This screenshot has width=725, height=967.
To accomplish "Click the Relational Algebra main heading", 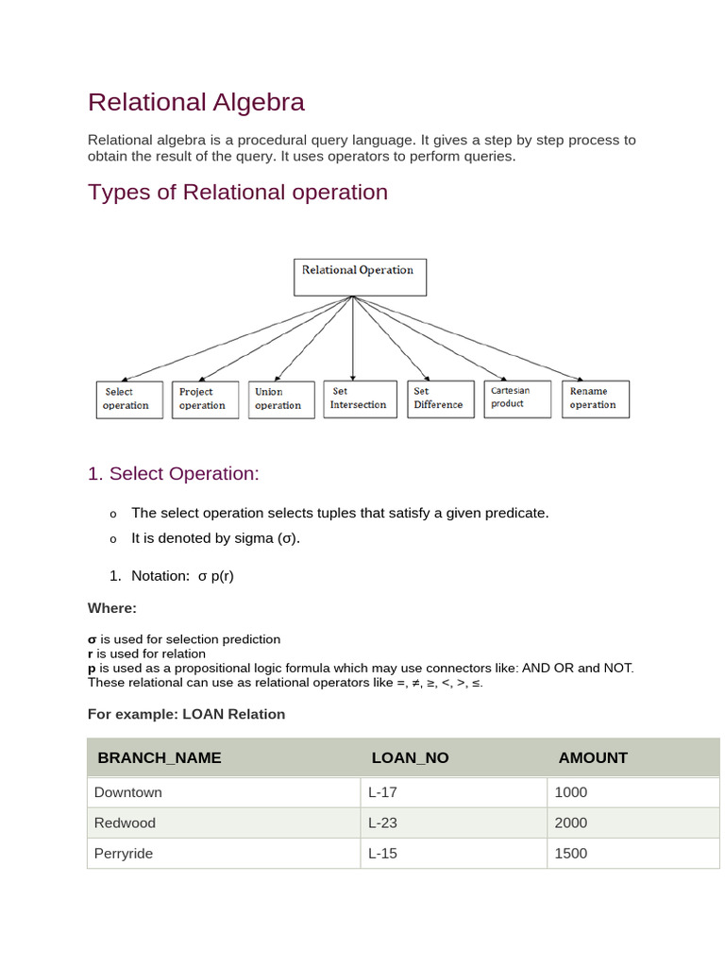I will [x=196, y=102].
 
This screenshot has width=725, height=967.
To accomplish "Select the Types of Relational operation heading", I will [x=238, y=192].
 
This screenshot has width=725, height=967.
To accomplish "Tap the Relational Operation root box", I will [x=359, y=277].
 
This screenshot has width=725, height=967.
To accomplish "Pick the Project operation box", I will [x=205, y=399].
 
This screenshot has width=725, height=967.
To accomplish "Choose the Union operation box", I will [x=280, y=399].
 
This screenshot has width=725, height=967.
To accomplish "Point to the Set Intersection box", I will [x=359, y=399].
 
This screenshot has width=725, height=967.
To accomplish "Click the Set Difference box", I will [x=440, y=399].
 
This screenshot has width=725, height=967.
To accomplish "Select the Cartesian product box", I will [x=517, y=398].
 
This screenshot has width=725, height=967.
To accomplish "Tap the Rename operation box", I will [x=596, y=399].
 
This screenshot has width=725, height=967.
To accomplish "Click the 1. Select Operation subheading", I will [x=173, y=474].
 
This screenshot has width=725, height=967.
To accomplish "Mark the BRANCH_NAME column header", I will [x=160, y=757].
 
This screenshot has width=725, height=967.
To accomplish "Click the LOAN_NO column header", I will [x=411, y=757].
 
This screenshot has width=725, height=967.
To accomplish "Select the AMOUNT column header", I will [x=593, y=757].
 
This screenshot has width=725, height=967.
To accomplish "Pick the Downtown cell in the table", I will [x=128, y=792].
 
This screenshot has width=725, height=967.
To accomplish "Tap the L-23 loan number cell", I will [x=382, y=823].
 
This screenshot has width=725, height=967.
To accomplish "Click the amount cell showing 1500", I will [x=571, y=853].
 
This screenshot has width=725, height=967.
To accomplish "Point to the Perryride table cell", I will [x=124, y=853].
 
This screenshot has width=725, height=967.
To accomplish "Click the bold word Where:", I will [x=112, y=607].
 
